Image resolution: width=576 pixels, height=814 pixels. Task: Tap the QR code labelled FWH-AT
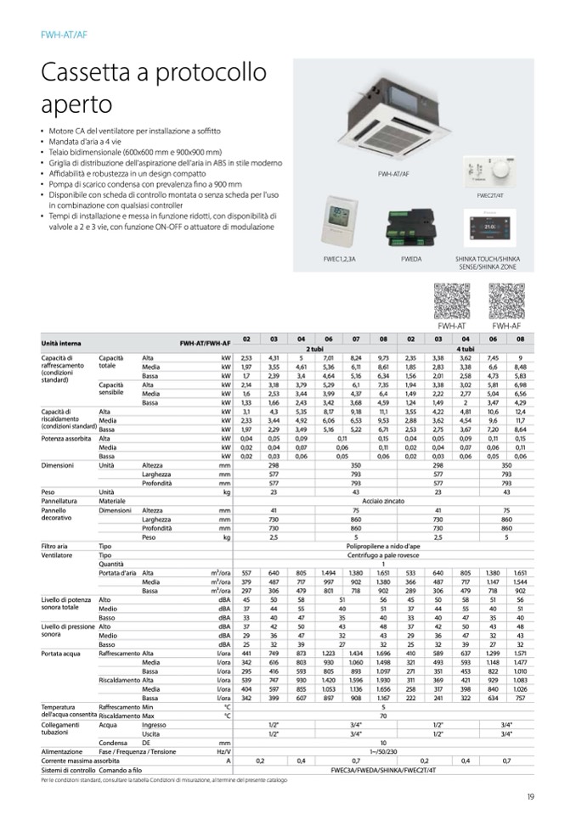coord(451,300)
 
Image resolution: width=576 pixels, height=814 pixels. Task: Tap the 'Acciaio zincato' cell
coord(384,501)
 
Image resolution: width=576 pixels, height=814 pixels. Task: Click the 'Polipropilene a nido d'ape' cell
coord(384,546)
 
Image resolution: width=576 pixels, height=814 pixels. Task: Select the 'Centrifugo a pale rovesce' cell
coord(384,555)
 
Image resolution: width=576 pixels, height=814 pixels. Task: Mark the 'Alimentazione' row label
coord(62,751)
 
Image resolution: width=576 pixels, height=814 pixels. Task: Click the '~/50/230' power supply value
coord(384,751)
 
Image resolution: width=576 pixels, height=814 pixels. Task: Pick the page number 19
coord(529,795)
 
